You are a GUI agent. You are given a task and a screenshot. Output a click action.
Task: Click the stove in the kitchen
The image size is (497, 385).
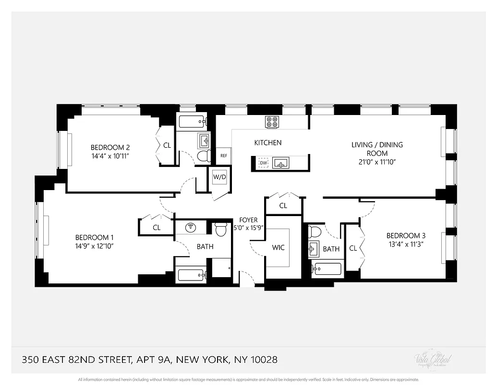pos(272,122)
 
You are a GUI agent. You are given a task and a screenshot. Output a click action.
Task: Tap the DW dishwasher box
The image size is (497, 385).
pos(263,163)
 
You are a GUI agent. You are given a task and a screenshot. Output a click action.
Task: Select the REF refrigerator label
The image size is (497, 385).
pos(224,155)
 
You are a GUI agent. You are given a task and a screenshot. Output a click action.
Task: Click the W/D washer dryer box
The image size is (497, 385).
pos(219,177)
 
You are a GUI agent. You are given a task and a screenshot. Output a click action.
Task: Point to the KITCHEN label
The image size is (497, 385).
pos(268,142)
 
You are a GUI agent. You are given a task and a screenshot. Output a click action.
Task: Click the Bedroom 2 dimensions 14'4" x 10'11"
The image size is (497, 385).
pos(111,156)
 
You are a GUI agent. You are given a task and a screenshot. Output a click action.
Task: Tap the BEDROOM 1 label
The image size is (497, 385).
pos(95,237)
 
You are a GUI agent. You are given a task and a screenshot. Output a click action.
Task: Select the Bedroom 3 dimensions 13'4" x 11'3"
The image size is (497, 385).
pos(406,244)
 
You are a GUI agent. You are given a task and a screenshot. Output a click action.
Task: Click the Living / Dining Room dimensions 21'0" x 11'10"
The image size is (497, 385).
pos(377,162)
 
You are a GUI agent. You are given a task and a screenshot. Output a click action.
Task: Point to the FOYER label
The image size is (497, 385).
pos(249,220)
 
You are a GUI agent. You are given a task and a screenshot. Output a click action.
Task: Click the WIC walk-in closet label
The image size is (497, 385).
pos(279,247)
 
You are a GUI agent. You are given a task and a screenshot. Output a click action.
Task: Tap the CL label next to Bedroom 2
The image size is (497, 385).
pos(167,145)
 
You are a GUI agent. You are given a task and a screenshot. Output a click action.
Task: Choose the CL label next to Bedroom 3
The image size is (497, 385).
pos(353,248)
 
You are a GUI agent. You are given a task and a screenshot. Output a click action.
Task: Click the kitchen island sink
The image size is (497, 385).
pos(280,163)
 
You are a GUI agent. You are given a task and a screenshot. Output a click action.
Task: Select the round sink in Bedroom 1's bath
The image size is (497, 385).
pos(191,227)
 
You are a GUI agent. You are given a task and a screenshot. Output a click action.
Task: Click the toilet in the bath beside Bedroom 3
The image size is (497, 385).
pos(315,232)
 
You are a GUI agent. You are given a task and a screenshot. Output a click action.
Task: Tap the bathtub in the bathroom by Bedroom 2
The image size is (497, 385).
pos(192,121)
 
